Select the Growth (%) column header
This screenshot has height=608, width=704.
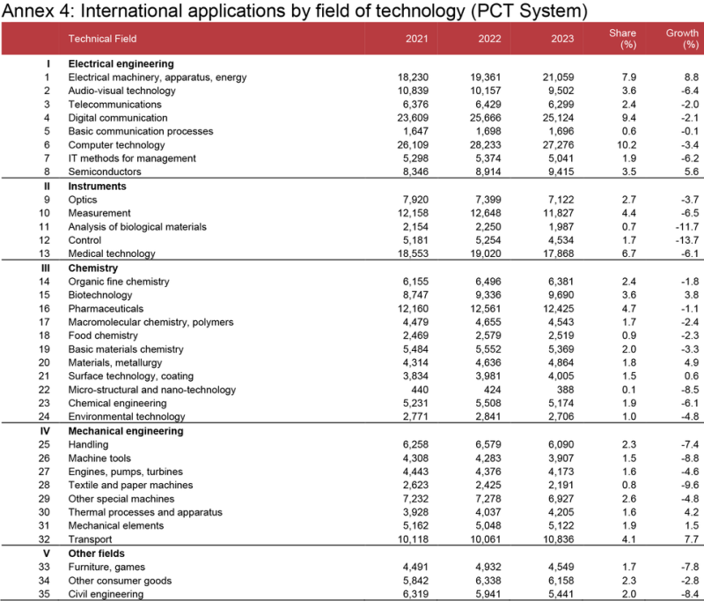tap(682, 39)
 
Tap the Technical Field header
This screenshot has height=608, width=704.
tap(102, 39)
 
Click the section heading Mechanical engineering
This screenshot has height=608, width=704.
tap(125, 432)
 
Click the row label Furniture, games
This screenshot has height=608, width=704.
tap(106, 568)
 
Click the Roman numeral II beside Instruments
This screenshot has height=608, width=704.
tap(48, 187)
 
